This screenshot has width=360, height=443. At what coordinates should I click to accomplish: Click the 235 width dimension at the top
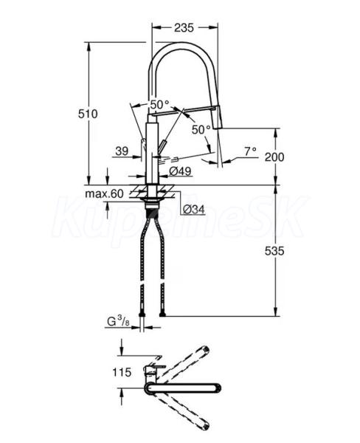(184, 28)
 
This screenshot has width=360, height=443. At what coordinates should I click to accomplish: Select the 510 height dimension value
(88, 114)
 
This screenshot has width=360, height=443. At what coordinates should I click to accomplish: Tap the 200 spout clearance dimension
(274, 157)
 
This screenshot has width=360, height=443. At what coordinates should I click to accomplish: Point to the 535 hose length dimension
(274, 250)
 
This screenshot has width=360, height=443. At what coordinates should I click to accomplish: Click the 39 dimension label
(122, 151)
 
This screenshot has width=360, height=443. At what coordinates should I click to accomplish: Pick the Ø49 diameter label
(180, 171)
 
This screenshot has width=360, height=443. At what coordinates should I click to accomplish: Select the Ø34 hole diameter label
(193, 209)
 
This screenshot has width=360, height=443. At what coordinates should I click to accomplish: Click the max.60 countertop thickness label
(105, 193)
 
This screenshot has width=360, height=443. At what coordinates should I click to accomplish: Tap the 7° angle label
(250, 151)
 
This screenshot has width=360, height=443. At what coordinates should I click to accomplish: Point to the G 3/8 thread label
(118, 321)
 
